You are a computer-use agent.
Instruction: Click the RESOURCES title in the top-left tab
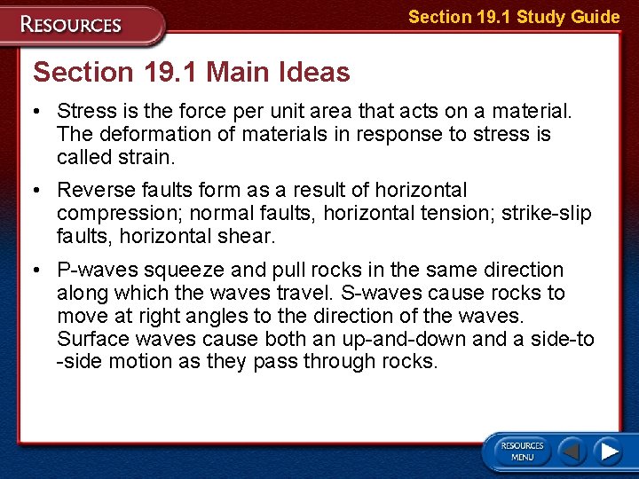tap(72, 25)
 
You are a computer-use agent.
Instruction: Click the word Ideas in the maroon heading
tap(311, 72)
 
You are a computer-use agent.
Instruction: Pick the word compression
tap(109, 214)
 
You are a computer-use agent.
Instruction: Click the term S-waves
tap(376, 293)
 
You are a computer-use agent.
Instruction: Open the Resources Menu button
tap(522, 452)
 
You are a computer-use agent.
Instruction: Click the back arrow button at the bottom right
tap(572, 452)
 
